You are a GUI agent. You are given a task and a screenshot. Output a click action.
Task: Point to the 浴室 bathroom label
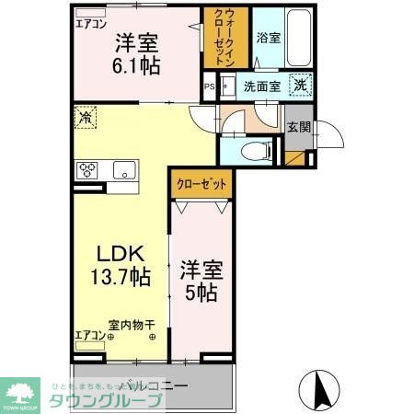268,39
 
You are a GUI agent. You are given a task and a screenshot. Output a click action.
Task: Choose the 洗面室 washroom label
263,87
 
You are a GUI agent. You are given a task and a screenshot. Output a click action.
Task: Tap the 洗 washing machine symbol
302,86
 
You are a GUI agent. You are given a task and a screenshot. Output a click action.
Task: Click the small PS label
211,88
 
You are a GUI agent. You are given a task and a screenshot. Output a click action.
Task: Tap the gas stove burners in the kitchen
89,169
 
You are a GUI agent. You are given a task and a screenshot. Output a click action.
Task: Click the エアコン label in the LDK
89,335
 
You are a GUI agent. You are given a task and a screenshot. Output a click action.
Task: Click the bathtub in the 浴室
301,39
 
